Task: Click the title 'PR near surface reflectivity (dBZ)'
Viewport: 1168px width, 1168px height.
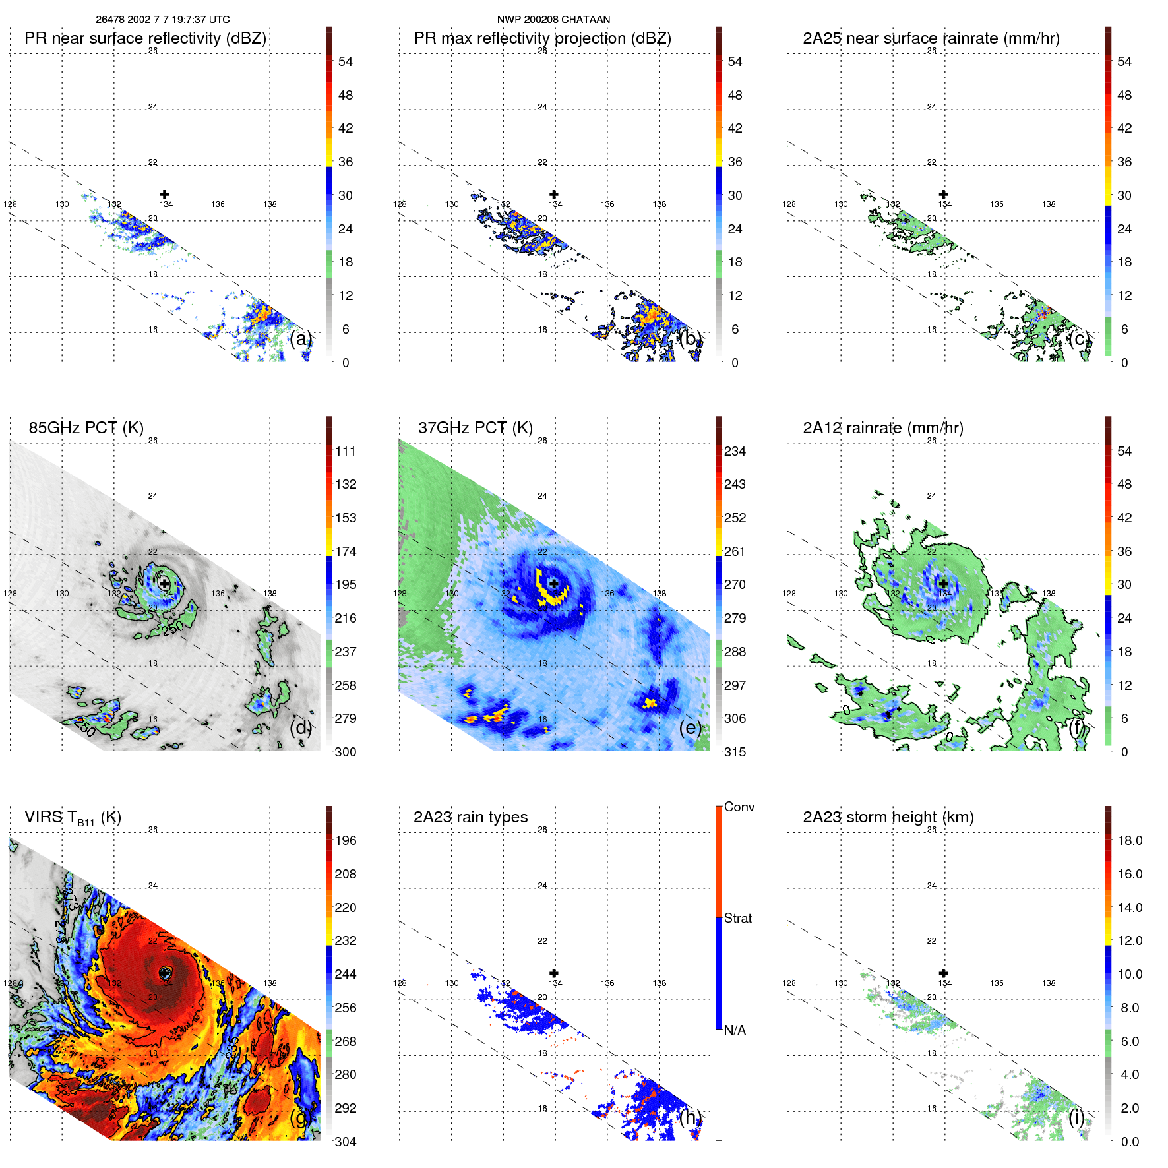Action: [145, 38]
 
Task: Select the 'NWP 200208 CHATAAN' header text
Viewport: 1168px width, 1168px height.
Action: [553, 20]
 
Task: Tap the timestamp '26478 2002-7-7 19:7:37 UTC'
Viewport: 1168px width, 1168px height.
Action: [163, 20]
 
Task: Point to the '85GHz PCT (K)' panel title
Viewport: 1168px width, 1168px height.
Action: [86, 428]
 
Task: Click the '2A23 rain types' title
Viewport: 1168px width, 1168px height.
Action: [470, 817]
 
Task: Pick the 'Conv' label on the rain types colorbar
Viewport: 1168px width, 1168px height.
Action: [739, 807]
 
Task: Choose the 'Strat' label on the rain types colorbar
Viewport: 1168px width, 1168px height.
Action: [738, 919]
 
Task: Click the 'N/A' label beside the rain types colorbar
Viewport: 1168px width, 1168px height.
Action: [735, 1030]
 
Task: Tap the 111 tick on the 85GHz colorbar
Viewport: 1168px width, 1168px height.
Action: [346, 452]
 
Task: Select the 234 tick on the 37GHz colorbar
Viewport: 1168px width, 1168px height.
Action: [735, 452]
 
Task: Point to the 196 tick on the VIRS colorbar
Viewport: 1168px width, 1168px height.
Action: [346, 841]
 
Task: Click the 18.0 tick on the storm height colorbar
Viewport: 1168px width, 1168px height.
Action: [1130, 841]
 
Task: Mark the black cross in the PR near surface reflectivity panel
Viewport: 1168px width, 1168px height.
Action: [165, 194]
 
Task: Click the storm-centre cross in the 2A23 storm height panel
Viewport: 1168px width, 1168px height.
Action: [943, 973]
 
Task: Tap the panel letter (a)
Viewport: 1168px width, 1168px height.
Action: [300, 339]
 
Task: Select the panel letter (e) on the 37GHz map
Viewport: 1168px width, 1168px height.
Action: [690, 728]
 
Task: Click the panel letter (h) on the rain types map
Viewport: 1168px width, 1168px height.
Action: [690, 1117]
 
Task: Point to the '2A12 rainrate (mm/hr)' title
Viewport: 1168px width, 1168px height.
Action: [883, 428]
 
